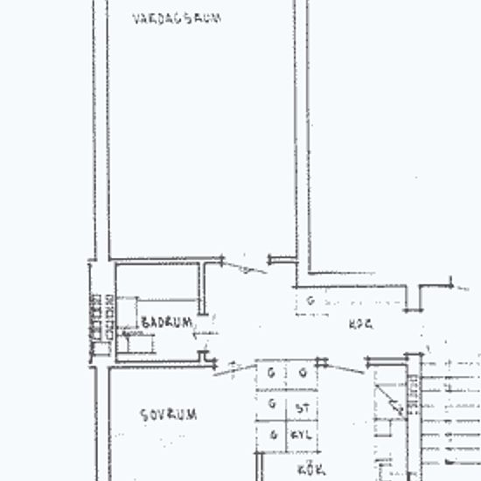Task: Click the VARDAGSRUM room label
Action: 176,17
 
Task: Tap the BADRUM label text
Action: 166,322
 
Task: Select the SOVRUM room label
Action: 168,415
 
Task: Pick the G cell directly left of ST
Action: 273,404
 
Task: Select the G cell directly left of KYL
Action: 273,435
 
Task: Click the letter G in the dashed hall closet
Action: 310,300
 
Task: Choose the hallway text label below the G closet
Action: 360,323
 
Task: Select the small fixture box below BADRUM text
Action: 136,342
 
